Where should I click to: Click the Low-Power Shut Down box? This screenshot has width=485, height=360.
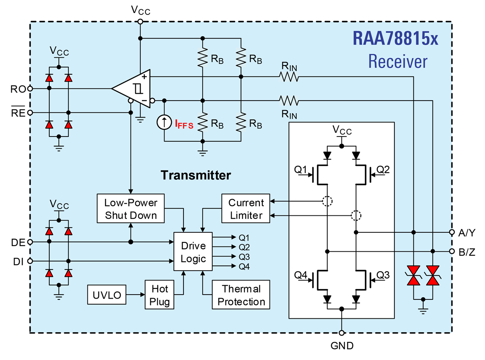coord(131,208)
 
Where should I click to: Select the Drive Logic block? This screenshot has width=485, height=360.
coord(193,252)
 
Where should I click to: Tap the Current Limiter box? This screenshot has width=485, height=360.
coord(246,208)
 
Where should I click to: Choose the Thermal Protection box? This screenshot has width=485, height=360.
coord(241,295)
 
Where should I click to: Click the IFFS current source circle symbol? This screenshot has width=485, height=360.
coord(164,122)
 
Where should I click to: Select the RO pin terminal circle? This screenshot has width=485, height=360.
coord(30,88)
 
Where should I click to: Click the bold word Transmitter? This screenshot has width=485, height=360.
coord(196,175)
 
